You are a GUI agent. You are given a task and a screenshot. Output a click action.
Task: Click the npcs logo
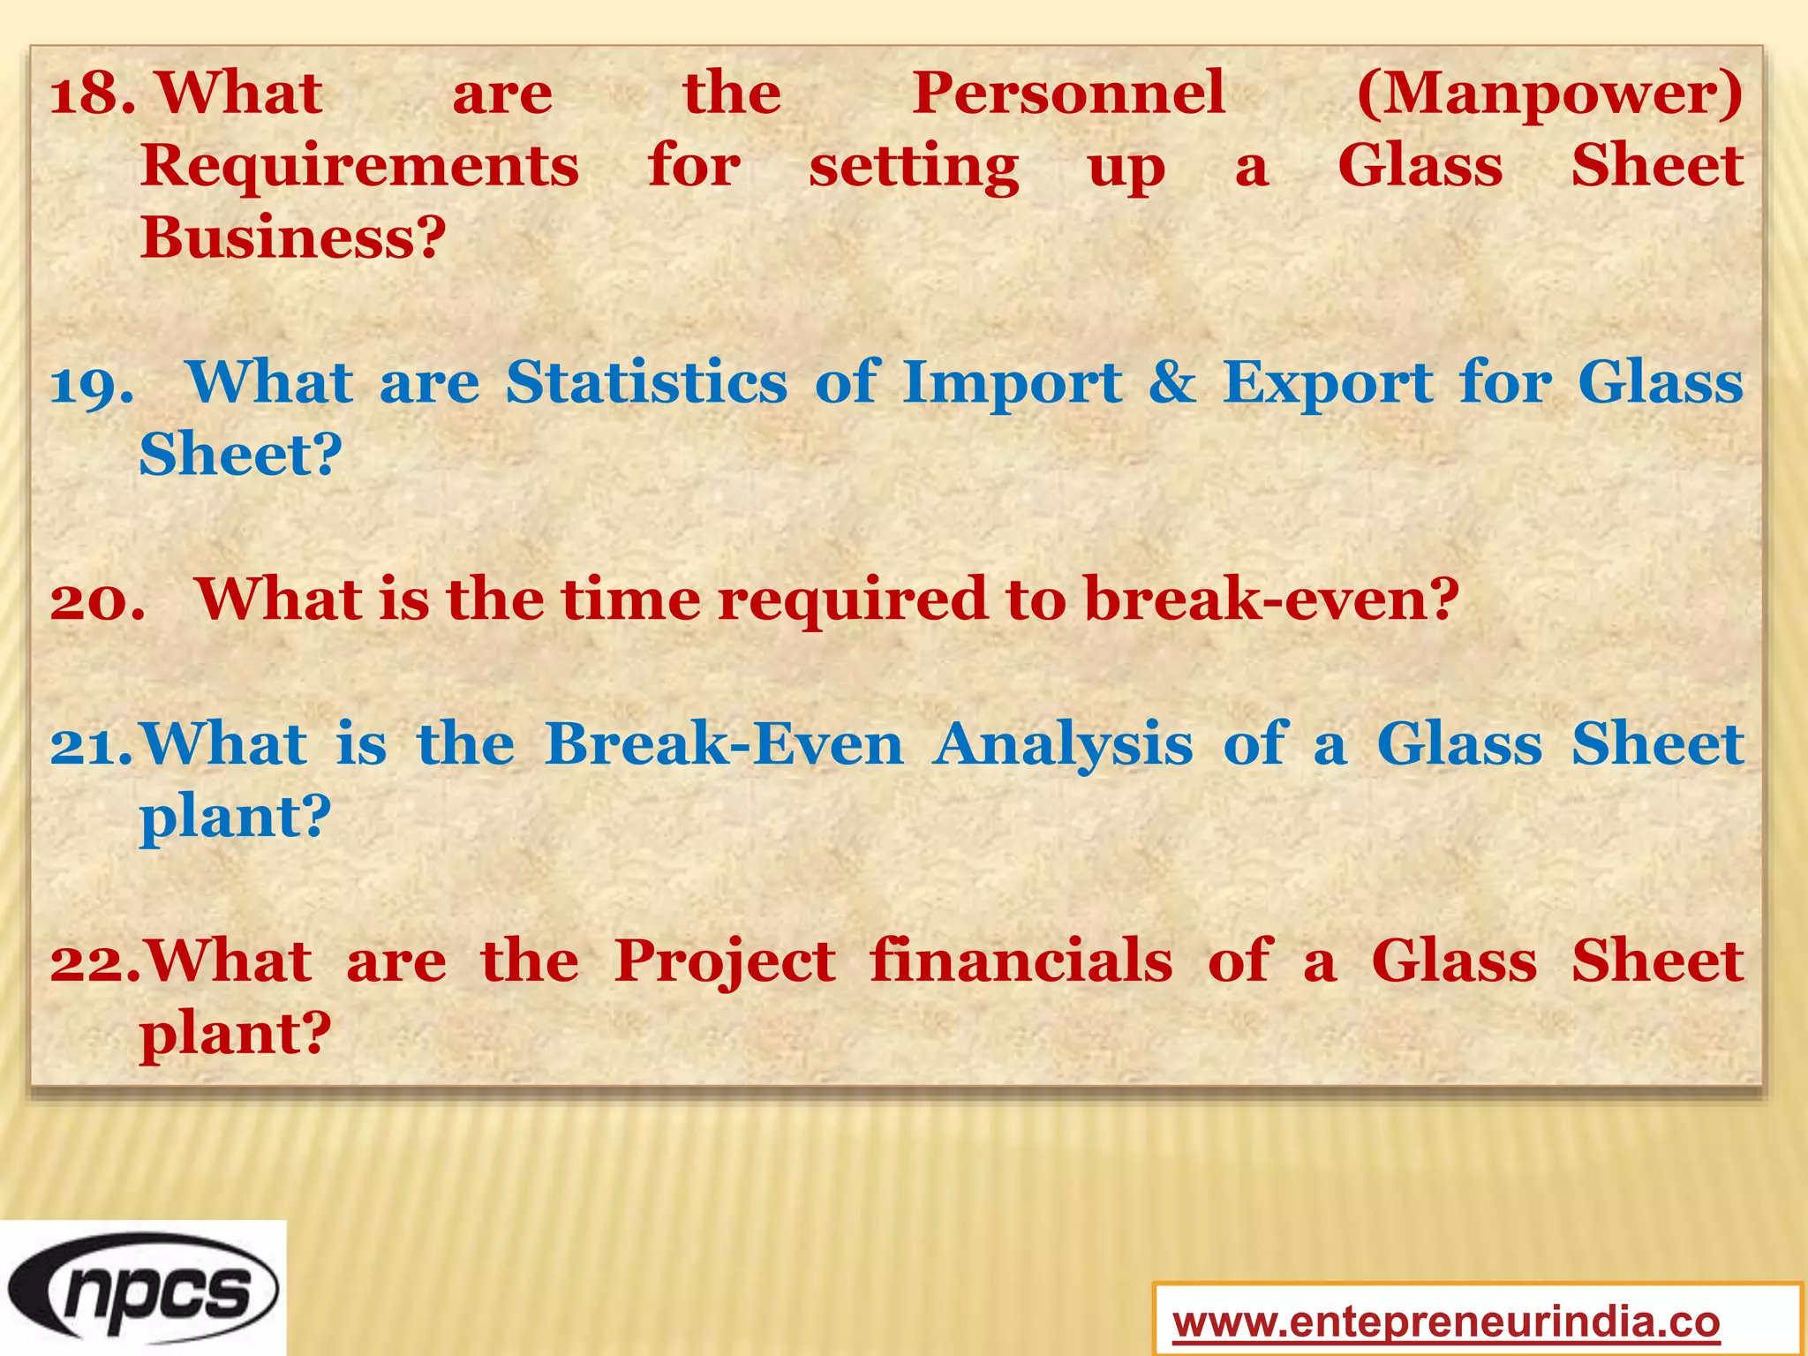(x=143, y=1288)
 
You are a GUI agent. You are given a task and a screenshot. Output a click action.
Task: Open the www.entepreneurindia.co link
(x=1446, y=1322)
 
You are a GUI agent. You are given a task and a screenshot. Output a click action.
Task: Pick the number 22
(x=94, y=961)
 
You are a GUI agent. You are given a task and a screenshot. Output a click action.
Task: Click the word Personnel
(x=1068, y=94)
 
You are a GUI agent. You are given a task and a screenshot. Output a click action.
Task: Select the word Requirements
(x=359, y=166)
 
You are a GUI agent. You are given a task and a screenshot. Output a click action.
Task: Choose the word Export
(x=1328, y=385)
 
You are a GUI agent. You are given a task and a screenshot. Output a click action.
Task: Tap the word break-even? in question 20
(x=1271, y=599)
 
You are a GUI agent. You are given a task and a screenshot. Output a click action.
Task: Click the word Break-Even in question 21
(x=724, y=744)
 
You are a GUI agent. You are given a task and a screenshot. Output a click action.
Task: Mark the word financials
(x=1021, y=961)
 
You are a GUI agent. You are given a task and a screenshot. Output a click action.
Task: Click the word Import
(x=1013, y=385)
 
